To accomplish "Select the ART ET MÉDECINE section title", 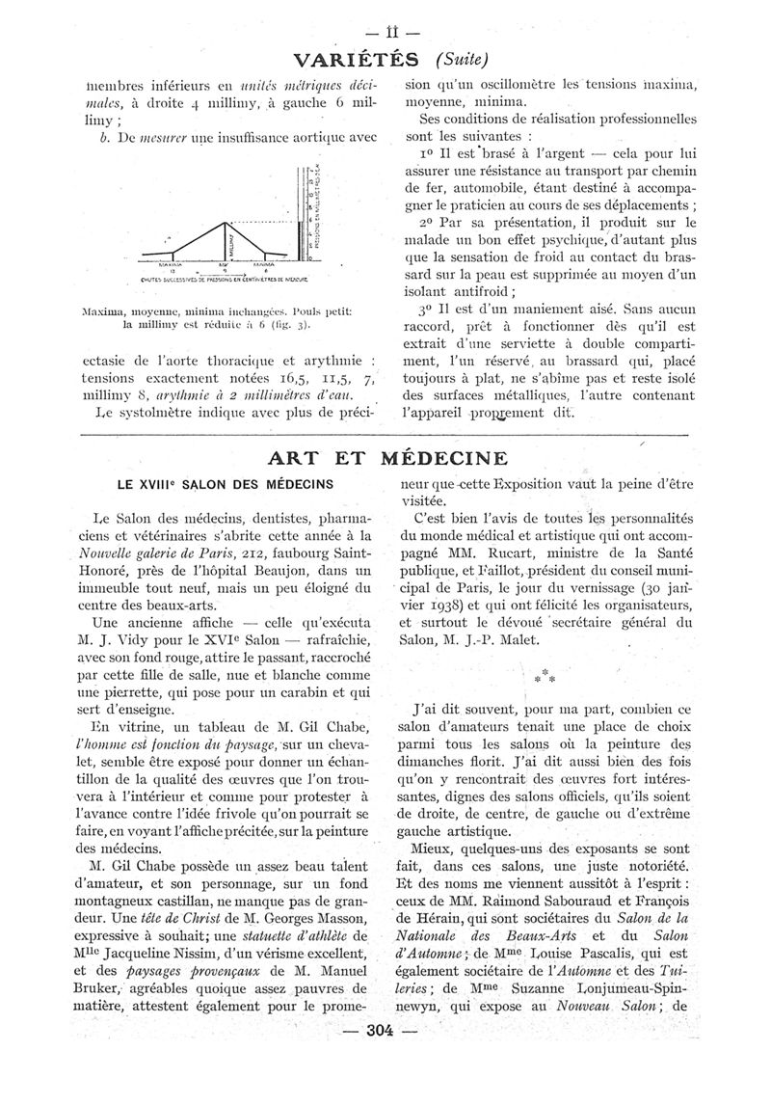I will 386,456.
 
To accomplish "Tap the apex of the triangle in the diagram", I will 227,223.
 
